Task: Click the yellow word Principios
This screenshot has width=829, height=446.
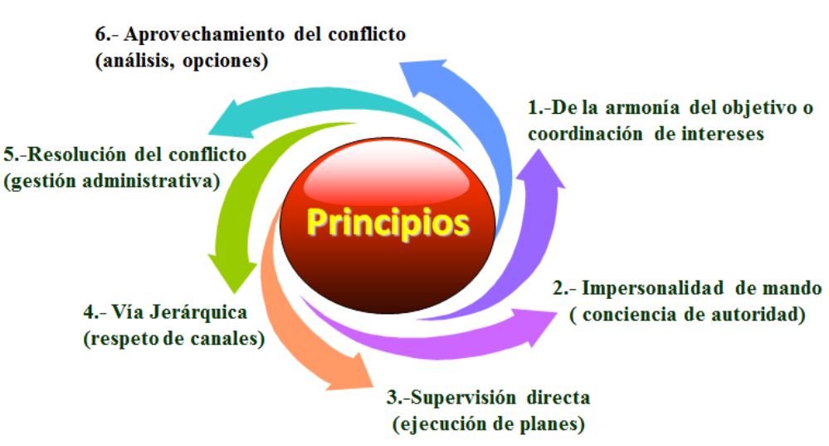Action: [388, 223]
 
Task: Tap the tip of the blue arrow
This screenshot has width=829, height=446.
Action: [400, 63]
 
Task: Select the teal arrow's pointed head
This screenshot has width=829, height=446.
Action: [209, 133]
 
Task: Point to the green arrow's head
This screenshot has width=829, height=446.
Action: [234, 292]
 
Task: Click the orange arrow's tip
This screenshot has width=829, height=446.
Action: [373, 389]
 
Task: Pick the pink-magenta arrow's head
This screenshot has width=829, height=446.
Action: [557, 312]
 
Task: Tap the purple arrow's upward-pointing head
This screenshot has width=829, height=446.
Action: [539, 150]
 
